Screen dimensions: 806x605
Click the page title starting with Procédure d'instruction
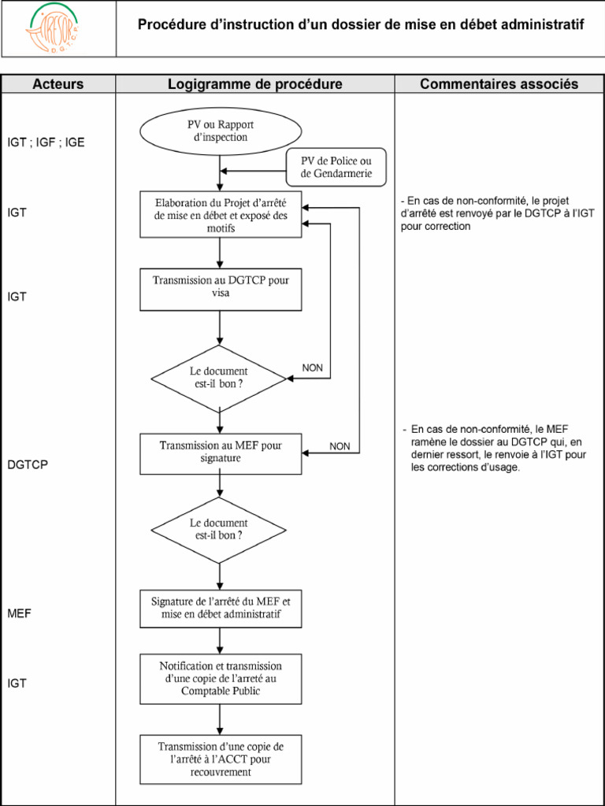point(361,25)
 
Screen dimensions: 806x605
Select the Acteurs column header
point(58,84)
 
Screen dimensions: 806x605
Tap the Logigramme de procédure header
point(254,84)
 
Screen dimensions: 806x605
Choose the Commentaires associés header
point(499,84)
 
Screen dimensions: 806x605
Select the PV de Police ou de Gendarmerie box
point(336,168)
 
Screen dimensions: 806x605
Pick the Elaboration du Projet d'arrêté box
point(221,215)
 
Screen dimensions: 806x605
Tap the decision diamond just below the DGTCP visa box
point(220,378)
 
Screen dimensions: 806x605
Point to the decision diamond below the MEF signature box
point(220,529)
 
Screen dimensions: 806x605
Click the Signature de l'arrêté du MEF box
point(221,608)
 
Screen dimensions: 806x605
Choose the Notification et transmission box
point(221,678)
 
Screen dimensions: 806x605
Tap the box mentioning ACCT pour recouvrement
point(221,759)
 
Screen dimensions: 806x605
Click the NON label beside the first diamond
point(313,368)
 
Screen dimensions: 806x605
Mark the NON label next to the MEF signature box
point(340,446)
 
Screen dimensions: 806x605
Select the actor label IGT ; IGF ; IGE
point(46,142)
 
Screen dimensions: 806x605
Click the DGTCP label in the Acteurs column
point(28,464)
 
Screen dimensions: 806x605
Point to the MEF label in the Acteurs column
point(19,612)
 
